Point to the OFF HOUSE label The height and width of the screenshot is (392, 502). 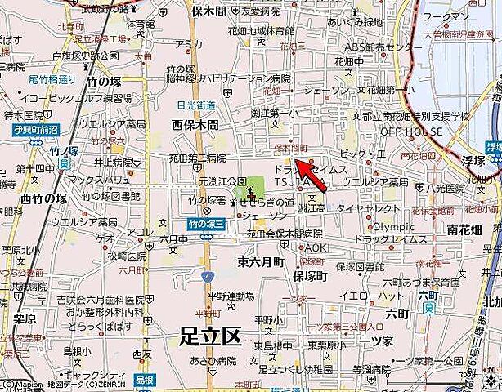410,131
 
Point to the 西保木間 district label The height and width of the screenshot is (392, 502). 195,125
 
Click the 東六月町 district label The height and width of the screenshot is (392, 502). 260,262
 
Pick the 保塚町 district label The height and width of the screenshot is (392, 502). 309,277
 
